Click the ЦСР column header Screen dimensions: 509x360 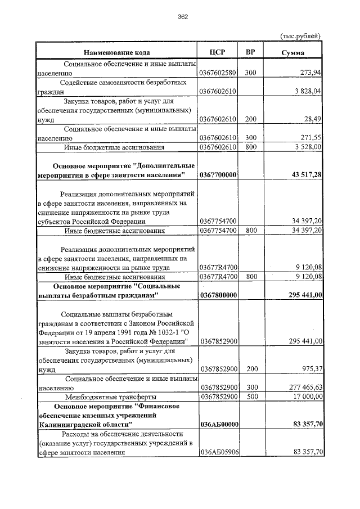[x=217, y=52]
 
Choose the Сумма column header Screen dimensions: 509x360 [x=293, y=53]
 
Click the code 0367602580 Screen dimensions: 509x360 [x=218, y=73]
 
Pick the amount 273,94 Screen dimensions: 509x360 [x=310, y=73]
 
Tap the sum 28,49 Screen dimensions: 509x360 [x=312, y=119]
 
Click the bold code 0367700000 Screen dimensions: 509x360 [x=218, y=175]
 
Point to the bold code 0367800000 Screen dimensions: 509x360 [x=218, y=295]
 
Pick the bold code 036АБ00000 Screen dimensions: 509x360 [x=218, y=424]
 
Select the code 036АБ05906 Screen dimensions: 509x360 [x=218, y=452]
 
